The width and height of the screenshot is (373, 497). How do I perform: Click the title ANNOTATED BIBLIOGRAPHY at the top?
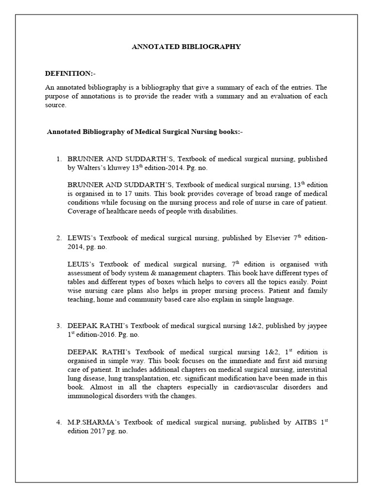click(186, 47)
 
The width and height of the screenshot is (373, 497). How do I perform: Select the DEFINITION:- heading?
click(70, 73)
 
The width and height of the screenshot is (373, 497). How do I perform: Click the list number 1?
click(59, 159)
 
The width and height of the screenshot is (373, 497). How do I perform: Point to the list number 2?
click(59, 238)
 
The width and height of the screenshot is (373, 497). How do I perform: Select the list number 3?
click(59, 325)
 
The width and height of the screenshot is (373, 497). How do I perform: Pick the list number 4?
click(59, 422)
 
